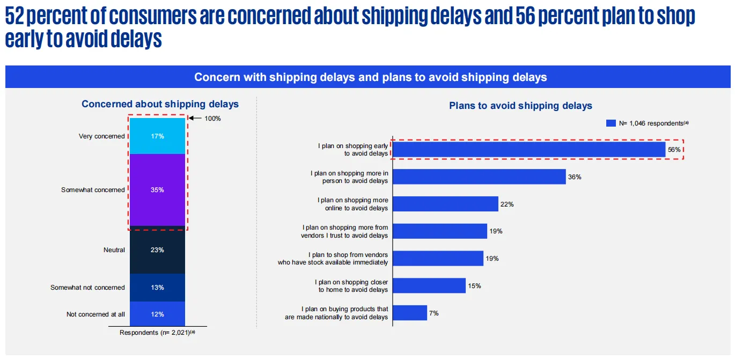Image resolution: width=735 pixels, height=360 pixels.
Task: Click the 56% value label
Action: (x=674, y=150)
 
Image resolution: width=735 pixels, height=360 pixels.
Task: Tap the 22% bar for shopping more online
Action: (x=446, y=204)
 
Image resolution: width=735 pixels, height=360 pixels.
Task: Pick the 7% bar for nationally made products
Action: (x=411, y=313)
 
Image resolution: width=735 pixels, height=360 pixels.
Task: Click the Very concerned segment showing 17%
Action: (x=157, y=136)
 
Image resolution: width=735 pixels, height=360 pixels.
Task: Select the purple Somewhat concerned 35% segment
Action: (x=157, y=190)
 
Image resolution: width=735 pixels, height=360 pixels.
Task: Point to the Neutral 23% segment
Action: (x=157, y=250)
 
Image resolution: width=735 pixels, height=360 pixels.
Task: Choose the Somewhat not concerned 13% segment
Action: (x=157, y=288)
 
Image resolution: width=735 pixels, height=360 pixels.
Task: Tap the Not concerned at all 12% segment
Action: (x=157, y=314)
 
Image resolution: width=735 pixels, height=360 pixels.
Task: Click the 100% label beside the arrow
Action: (x=212, y=119)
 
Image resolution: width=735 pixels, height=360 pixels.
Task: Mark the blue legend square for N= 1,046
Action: (x=611, y=123)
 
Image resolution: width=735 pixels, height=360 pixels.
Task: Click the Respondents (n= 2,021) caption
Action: (x=157, y=332)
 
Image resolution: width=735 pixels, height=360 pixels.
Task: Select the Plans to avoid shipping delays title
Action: (x=520, y=106)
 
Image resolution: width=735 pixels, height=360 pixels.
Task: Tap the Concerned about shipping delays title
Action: (x=160, y=104)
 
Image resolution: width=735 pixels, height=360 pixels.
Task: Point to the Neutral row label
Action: (x=114, y=250)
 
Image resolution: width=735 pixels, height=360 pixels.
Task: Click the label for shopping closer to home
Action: (x=352, y=286)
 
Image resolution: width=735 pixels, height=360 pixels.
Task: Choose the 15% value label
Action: (x=474, y=286)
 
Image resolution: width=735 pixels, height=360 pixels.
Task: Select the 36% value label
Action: (x=575, y=177)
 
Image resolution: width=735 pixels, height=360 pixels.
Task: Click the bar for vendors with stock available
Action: (x=439, y=259)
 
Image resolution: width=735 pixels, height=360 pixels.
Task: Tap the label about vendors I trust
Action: (x=344, y=231)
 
